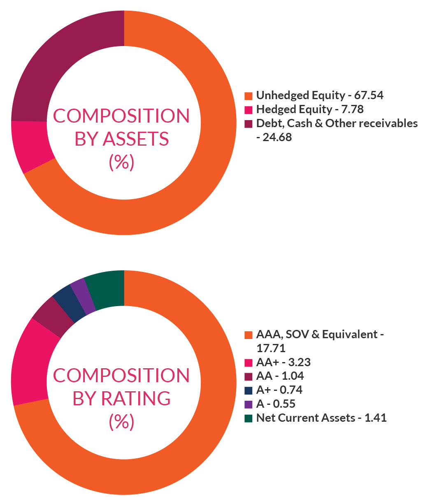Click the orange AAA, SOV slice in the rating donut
(x=185, y=432)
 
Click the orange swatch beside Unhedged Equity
(x=248, y=96)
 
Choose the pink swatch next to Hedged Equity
(x=248, y=110)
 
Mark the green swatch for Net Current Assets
(x=248, y=418)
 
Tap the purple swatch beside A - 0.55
(x=248, y=404)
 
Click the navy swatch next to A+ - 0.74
(x=248, y=390)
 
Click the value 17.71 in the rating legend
(x=271, y=348)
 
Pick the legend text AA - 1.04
(x=280, y=376)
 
